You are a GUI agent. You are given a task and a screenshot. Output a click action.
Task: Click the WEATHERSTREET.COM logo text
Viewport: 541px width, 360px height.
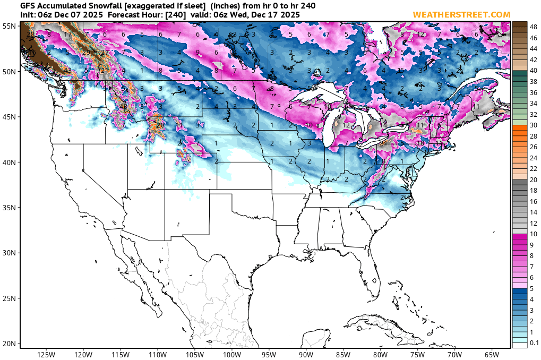461,14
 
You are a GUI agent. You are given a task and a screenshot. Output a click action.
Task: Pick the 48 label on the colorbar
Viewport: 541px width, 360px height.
534,25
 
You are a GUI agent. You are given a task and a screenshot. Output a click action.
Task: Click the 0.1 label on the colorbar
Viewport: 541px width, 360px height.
534,344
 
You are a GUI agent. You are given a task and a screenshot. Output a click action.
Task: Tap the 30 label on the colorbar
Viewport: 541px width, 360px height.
534,125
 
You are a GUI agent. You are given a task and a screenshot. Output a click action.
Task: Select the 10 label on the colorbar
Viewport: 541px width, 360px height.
534,234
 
